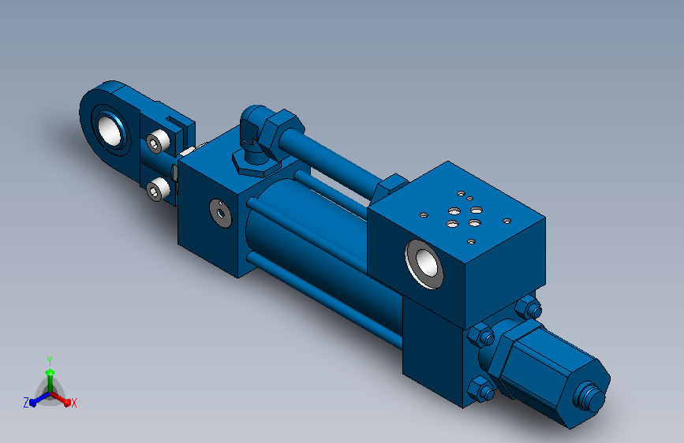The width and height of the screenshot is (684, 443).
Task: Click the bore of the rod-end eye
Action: click(x=110, y=129)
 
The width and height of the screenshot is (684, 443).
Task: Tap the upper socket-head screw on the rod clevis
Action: click(x=158, y=142)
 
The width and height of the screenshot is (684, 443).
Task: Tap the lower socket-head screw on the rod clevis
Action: click(x=158, y=189)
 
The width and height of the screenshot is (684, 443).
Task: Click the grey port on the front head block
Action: click(x=221, y=213)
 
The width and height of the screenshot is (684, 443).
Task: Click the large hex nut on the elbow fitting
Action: click(x=282, y=133)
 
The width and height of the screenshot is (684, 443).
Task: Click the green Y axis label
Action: click(x=50, y=361)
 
